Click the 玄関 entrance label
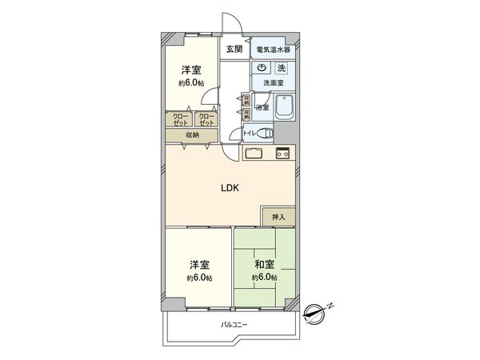[234, 50]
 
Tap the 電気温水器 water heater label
[273, 50]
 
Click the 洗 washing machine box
[281, 69]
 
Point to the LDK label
[231, 188]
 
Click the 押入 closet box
[278, 216]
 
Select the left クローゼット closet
[180, 120]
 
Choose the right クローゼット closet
[206, 120]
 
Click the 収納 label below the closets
[193, 136]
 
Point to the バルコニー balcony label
[234, 325]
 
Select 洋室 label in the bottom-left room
[200, 264]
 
